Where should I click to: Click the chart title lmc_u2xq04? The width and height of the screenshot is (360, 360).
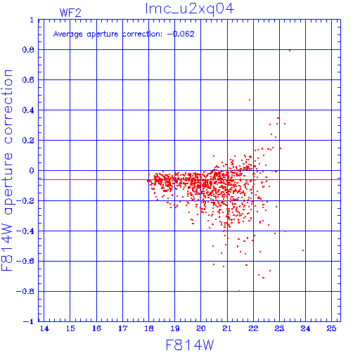click(x=190, y=9)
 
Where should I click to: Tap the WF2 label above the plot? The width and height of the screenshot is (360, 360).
click(x=70, y=13)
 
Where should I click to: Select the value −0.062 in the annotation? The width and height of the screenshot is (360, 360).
click(x=181, y=34)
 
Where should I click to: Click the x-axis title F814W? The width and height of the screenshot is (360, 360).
click(x=190, y=345)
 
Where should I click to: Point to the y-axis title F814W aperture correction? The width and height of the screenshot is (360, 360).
click(x=7, y=170)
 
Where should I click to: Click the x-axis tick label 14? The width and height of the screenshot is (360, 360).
click(x=44, y=328)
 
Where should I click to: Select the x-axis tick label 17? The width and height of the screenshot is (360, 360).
click(x=122, y=328)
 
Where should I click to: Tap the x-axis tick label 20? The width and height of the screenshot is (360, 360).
click(x=201, y=328)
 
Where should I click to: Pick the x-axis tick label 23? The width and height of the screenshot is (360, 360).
click(x=279, y=328)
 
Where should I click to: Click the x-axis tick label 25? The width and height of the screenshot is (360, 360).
click(x=331, y=328)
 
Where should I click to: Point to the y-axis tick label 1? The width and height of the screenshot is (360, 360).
click(x=32, y=20)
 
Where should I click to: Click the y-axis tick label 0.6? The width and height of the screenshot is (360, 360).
click(x=28, y=80)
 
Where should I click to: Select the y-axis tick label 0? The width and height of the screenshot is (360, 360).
click(x=32, y=171)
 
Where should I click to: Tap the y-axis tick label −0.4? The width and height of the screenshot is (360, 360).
click(x=25, y=231)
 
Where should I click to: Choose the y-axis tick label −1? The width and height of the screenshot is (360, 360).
click(x=29, y=321)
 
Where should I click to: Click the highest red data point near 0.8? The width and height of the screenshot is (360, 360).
click(x=290, y=51)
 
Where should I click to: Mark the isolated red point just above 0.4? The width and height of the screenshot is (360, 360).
click(x=250, y=100)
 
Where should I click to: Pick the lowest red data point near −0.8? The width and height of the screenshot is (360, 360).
click(x=239, y=291)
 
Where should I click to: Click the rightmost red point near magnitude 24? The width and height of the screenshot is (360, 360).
click(x=303, y=250)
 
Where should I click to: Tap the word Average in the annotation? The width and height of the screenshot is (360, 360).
click(x=68, y=34)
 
